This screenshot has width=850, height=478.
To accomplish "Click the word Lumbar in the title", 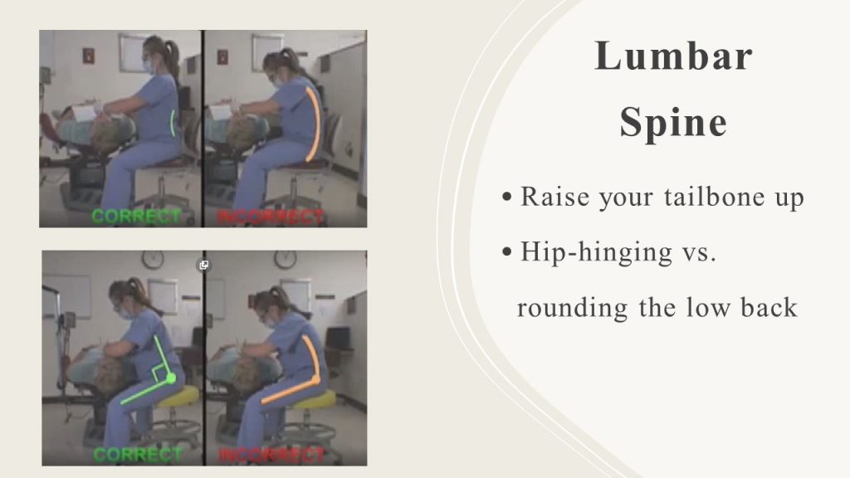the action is [673, 56].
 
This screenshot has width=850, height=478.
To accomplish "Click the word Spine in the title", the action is [673, 123].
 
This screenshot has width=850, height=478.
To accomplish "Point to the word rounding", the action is [573, 309].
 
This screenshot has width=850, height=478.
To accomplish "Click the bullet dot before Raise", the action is [507, 197].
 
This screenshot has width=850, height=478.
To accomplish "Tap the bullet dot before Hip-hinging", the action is [507, 251].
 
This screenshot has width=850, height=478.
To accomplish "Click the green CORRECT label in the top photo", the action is [136, 217].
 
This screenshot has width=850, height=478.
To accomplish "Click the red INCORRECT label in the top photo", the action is [271, 217].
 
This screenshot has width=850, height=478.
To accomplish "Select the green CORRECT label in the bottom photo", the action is [137, 454].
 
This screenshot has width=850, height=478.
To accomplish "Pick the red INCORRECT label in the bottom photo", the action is [271, 456].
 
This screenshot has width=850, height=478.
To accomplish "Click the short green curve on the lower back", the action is [173, 123].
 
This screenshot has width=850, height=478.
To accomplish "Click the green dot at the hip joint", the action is [171, 378].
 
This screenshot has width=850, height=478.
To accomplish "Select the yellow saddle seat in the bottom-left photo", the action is [178, 397].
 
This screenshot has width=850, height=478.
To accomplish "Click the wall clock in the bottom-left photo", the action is [153, 260].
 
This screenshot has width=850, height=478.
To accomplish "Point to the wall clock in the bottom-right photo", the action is [286, 260].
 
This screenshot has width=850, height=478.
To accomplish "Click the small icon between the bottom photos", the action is [204, 265].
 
